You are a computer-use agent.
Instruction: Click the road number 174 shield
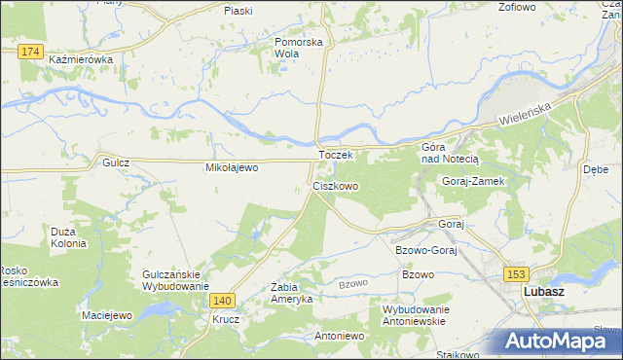(29, 50)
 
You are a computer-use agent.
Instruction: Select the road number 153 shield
(515, 273)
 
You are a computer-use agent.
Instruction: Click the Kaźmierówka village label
(81, 59)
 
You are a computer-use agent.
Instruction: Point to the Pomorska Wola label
(298, 49)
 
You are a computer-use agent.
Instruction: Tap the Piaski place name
(238, 11)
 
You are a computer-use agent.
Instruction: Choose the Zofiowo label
(517, 8)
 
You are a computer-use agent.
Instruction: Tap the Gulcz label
(116, 163)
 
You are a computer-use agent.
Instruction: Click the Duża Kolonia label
(68, 237)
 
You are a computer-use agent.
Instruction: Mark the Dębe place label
(595, 168)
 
